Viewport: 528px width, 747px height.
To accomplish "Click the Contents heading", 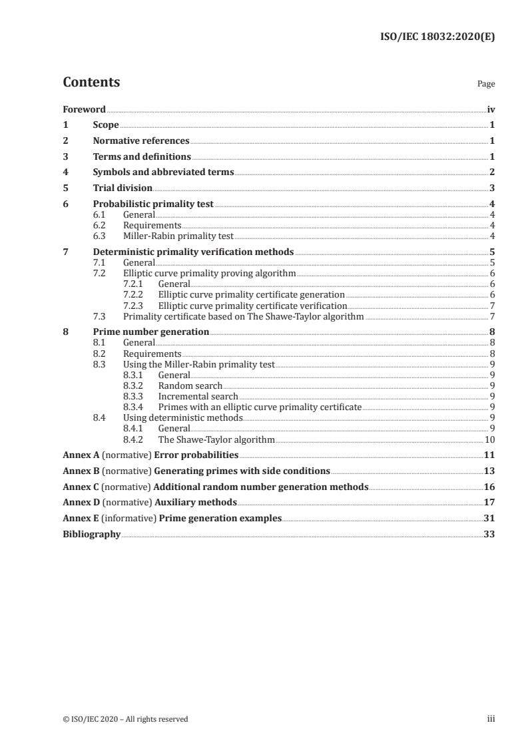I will point(91,83).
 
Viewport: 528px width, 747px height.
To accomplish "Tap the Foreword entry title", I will point(84,109).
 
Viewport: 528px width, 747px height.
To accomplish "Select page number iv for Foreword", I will point(491,109).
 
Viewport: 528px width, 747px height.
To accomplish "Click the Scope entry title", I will point(106,125).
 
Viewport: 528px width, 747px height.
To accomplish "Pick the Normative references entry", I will point(141,140).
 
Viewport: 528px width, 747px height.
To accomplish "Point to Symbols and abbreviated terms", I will point(163,172).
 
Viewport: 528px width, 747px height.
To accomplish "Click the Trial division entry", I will point(123,188).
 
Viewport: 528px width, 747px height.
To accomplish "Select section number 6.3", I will point(100,236).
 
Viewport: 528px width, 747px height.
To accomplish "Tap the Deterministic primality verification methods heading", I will point(193,252).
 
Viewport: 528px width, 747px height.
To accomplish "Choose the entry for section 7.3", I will point(243,316).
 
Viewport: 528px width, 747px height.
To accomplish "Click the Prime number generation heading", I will point(151,331).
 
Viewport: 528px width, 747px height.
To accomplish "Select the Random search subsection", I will point(190,385).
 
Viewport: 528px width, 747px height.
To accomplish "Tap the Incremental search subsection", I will point(198,396).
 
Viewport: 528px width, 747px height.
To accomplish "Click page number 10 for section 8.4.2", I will point(489,439).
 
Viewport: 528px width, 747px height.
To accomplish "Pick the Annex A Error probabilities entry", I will point(150,455).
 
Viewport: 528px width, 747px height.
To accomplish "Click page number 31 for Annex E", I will point(489,518).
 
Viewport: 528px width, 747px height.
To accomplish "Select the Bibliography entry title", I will point(91,534).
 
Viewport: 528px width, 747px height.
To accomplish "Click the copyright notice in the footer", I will point(125,719).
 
